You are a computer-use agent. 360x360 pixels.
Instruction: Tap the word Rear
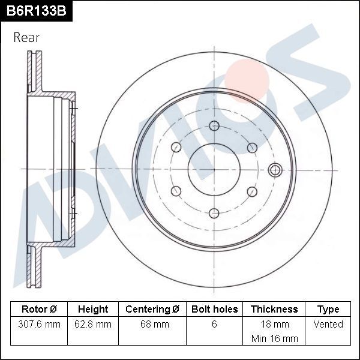point(26,37)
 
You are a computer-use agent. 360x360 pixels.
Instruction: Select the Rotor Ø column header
point(39,310)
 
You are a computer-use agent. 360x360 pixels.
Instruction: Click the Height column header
point(93,310)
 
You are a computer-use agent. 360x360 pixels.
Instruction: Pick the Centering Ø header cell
point(152,310)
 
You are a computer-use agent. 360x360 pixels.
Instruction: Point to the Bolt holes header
point(214,310)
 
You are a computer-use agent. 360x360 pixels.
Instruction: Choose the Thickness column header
point(274,310)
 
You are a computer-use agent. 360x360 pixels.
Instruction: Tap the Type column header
point(328,310)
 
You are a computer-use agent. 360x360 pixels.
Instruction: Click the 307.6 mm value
point(39,324)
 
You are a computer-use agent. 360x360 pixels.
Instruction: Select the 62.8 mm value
point(93,324)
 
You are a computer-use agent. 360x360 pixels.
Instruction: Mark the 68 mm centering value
point(152,324)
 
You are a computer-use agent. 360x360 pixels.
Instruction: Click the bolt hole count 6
point(214,324)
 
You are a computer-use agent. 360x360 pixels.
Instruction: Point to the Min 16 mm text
point(274,338)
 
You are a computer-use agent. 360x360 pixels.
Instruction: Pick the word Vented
point(328,324)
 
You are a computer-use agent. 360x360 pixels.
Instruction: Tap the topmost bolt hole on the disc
point(214,125)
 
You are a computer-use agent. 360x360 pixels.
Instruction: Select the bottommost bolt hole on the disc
point(214,212)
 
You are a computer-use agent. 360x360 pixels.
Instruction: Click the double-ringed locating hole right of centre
point(275,169)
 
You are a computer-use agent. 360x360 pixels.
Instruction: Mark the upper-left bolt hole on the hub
point(176,147)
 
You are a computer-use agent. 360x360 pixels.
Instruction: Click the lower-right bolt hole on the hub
point(252,191)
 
